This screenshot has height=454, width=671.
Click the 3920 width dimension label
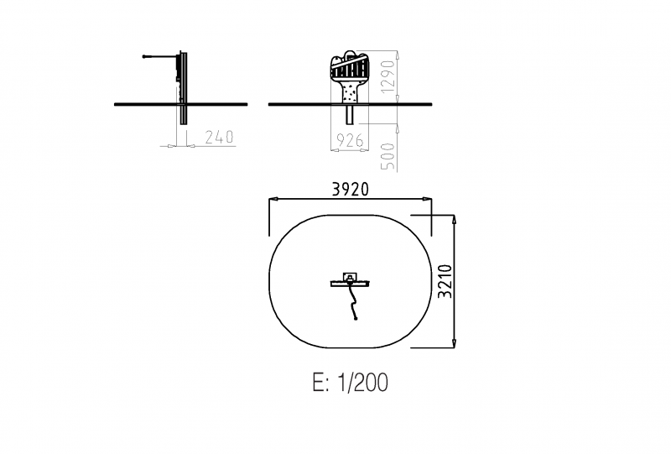click(x=350, y=189)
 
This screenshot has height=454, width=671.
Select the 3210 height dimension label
click(x=445, y=281)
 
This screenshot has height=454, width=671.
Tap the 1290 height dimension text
click(x=388, y=76)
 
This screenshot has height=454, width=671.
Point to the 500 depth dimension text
click(x=388, y=156)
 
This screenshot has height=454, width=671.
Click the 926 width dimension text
click(x=350, y=140)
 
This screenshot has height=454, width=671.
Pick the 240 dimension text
click(x=219, y=137)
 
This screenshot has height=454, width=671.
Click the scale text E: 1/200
click(x=350, y=382)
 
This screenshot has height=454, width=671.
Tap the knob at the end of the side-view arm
click(x=144, y=56)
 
